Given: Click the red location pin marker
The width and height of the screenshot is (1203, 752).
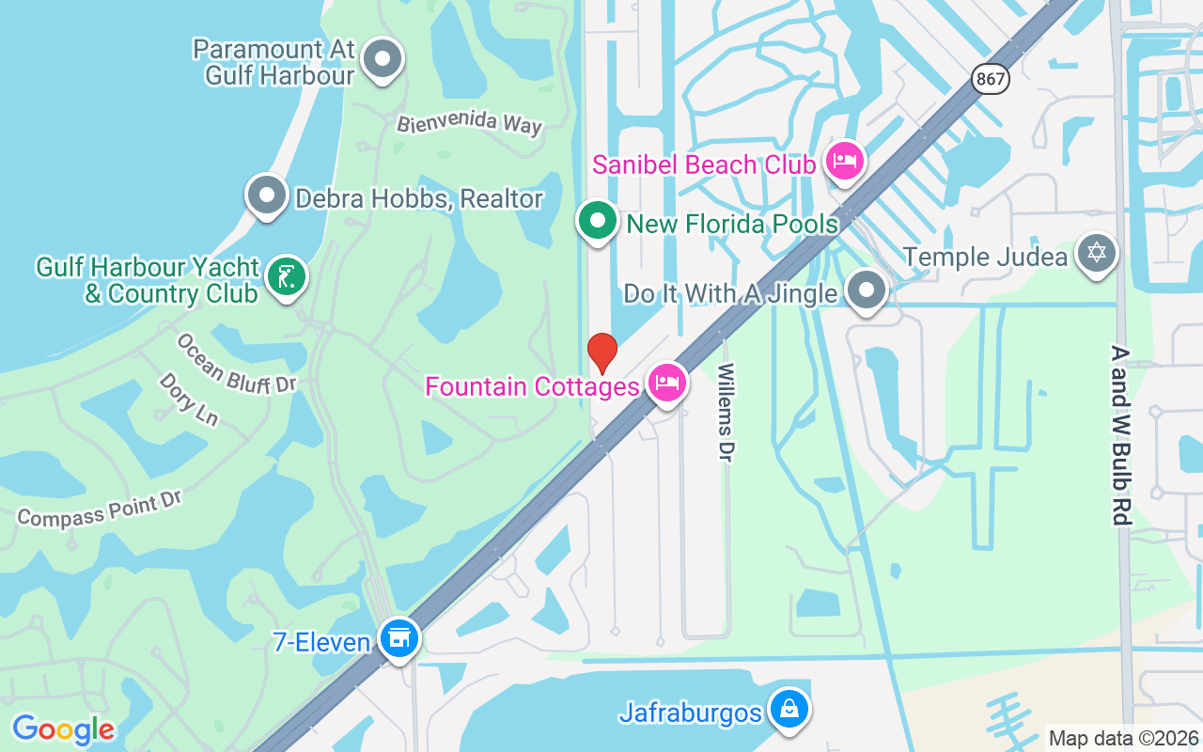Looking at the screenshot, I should coord(601,353).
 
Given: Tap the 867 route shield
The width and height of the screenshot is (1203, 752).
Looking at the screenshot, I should coord(991,79).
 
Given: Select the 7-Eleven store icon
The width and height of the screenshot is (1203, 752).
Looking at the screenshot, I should coord(399,638).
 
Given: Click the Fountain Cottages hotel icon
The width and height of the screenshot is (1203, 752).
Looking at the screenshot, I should coord(666,383).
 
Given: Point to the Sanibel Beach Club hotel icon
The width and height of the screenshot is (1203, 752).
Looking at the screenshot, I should coord(844,162).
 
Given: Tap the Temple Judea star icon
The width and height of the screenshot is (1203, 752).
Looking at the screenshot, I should coord(1097,253).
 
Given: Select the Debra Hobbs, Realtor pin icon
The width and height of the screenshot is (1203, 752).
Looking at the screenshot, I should coord(267,196).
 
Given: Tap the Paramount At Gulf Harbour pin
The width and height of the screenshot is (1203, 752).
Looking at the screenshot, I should coord(382,59).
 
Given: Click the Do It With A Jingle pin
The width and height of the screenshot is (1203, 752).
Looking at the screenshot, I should coord(866,290).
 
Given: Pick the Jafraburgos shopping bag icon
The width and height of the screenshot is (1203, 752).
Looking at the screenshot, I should coord(789,710).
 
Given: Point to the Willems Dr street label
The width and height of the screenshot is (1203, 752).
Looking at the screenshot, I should coord(725,413).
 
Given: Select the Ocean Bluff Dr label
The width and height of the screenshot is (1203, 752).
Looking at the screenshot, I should coord(236,364).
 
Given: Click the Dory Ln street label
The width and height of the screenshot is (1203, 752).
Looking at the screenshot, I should coord(188,399).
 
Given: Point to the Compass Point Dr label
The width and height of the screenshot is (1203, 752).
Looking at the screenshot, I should coord(100,508).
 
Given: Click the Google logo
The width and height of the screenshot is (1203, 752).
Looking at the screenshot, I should coord(64,729).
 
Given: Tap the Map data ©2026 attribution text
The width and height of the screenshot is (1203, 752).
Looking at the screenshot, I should coord(1123,738).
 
